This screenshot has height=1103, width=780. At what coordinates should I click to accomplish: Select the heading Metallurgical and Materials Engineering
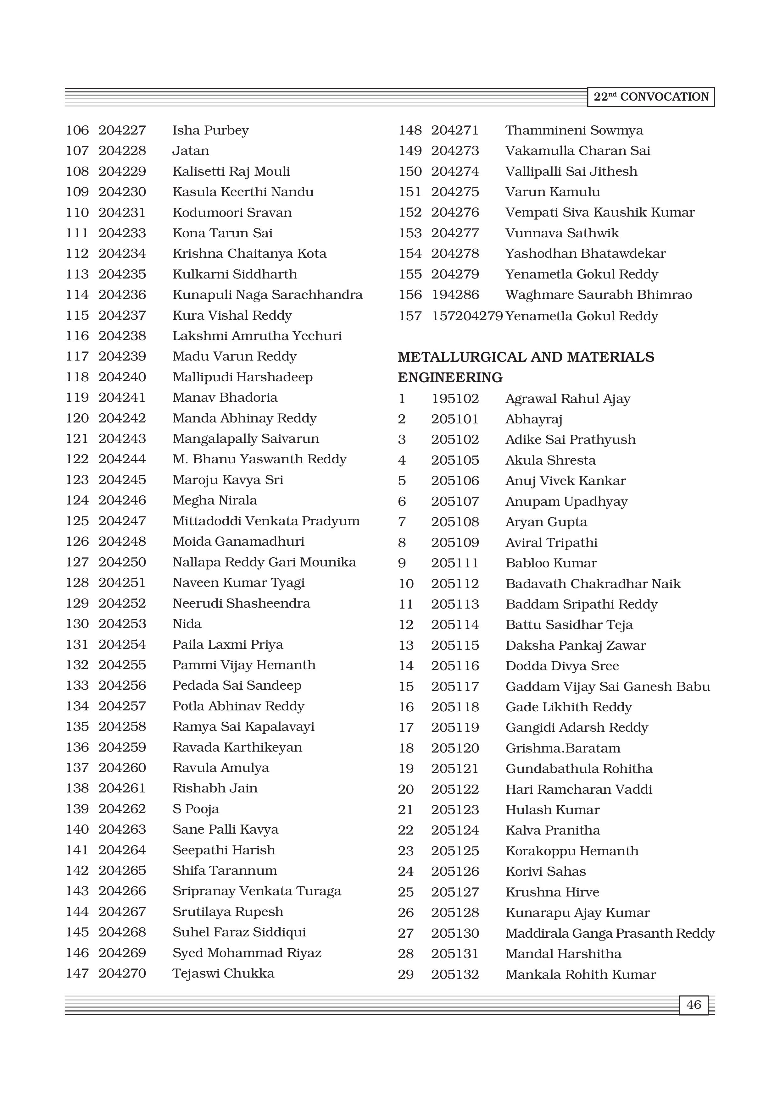click(526, 367)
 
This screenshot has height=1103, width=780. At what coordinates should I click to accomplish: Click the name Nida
click(187, 624)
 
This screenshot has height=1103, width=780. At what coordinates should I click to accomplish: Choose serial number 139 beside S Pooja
click(77, 809)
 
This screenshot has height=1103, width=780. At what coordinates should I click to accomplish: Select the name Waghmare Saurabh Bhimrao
click(598, 295)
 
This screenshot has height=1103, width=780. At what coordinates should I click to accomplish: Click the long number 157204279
click(467, 316)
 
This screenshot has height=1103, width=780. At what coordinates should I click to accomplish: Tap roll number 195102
click(455, 399)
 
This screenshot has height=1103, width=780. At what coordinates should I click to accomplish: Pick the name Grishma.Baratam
click(563, 748)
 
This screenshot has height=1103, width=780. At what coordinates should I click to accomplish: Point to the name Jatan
click(191, 151)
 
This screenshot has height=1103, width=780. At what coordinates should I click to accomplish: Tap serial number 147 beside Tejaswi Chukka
click(77, 973)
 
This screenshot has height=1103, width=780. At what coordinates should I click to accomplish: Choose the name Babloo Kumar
click(551, 563)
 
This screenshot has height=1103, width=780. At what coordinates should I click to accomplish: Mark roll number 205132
click(455, 974)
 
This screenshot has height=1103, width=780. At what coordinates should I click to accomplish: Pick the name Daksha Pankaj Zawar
click(575, 645)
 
